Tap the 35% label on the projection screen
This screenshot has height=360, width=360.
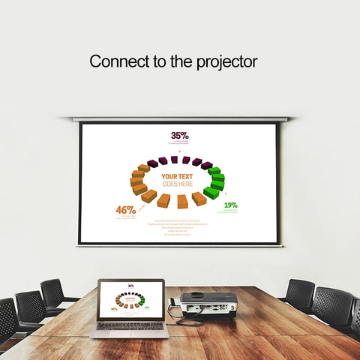(x=180, y=136)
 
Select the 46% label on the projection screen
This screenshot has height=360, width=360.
(x=125, y=210)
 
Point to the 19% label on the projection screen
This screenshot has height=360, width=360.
(x=230, y=205)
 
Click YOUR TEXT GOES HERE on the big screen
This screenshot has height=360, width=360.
(x=177, y=180)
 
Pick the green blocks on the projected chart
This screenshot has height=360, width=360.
(x=215, y=182)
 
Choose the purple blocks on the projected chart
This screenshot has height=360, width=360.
(x=180, y=160)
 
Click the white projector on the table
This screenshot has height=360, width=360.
(x=208, y=303)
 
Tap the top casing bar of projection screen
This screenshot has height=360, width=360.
(x=180, y=119)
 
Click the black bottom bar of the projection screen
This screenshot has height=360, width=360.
(x=180, y=244)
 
